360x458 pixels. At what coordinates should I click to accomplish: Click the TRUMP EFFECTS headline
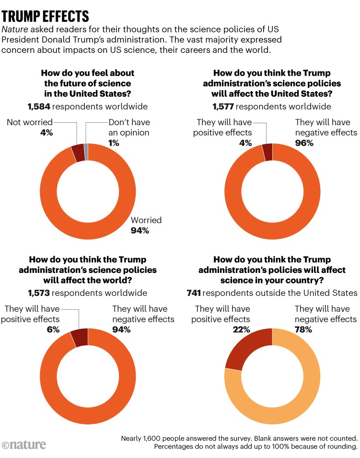coord(45,15)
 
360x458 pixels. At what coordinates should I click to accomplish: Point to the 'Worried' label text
coord(146,220)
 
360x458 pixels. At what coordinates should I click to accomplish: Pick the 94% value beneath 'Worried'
coord(140,231)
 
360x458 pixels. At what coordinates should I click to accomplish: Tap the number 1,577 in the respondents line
coord(224,106)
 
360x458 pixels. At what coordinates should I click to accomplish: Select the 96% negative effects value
coord(303,143)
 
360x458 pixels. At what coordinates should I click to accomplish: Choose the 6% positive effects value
coord(53,329)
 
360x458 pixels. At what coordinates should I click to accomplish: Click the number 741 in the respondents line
coord(193,293)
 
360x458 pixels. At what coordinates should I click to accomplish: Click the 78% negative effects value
coord(303,329)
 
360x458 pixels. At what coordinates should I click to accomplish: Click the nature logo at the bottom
coord(24,445)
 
